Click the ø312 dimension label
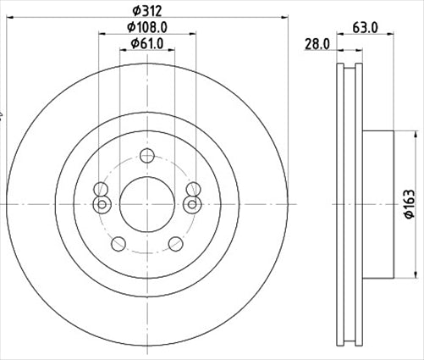click(146, 11)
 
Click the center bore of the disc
click(146, 203)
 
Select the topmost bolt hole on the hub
click(146, 155)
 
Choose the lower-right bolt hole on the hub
click(175, 244)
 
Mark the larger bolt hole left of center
click(101, 189)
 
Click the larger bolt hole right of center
click(192, 189)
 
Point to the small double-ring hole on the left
click(102, 204)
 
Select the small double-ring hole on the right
click(191, 204)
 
